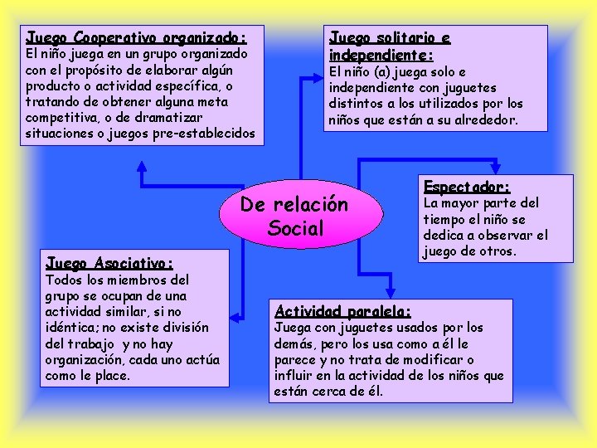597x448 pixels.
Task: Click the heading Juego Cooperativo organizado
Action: click(x=136, y=38)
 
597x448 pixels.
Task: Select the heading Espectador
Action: click(x=467, y=187)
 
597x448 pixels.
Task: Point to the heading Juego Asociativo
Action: click(x=109, y=263)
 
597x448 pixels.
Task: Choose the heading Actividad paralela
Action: click(x=342, y=312)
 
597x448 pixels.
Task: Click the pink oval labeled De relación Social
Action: click(x=294, y=215)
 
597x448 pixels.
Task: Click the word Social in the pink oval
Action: click(x=296, y=228)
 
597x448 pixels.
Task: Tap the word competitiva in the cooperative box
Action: click(x=61, y=118)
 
